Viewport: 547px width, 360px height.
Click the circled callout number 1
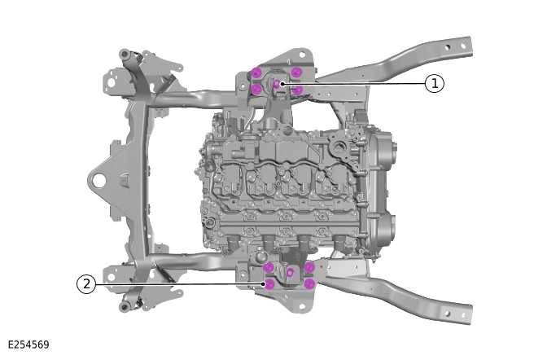tap(435, 83)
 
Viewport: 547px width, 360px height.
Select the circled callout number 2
tap(86, 284)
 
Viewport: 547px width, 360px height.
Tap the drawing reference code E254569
tap(28, 345)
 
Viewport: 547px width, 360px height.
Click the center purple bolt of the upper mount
tap(277, 82)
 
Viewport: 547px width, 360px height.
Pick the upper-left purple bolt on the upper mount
tap(257, 72)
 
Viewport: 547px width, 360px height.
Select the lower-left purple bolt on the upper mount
tap(257, 89)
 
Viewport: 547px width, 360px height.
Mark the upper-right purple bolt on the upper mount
tap(296, 72)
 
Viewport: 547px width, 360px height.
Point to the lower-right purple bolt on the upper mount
tap(297, 90)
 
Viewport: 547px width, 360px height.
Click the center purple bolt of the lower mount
tap(290, 271)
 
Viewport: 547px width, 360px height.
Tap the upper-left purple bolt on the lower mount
tap(269, 267)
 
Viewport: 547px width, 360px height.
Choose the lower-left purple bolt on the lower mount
tap(269, 284)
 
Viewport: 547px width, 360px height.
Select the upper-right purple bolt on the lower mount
tap(309, 267)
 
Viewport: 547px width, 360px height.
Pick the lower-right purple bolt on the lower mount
tap(309, 283)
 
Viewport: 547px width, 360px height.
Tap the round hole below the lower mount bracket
tap(288, 302)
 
